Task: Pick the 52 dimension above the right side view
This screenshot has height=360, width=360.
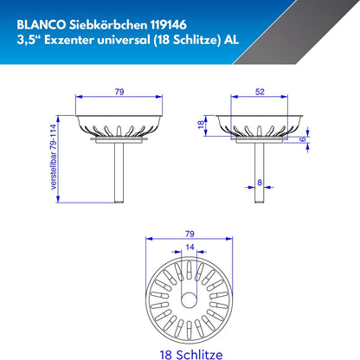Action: (x=260, y=90)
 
